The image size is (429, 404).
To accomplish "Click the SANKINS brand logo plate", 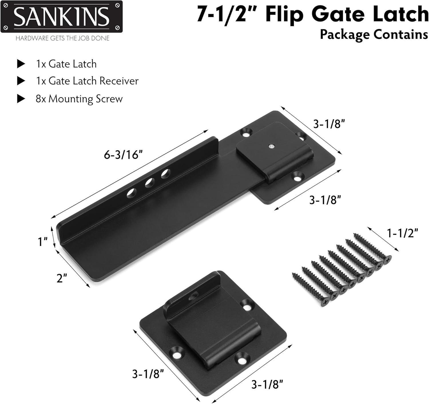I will coord(61,17).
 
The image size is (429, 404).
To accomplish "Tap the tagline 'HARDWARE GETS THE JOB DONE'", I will coord(62,38).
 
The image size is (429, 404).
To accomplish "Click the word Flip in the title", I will coord(284,15).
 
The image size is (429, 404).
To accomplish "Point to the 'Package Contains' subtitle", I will coord(374,34).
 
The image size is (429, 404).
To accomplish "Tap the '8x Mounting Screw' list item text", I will coord(79,99).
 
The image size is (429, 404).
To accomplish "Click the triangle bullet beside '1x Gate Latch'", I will coord(21,64).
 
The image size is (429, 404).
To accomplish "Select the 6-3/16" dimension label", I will coord(123,155).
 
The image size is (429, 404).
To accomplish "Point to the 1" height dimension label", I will coord(43,242).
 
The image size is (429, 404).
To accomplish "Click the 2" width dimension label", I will coord(62,278).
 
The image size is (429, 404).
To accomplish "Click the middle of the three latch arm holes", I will coord(149,183).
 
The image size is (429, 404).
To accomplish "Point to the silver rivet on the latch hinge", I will coord(271,146).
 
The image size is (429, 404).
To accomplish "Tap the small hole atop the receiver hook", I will coord(194,295).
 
